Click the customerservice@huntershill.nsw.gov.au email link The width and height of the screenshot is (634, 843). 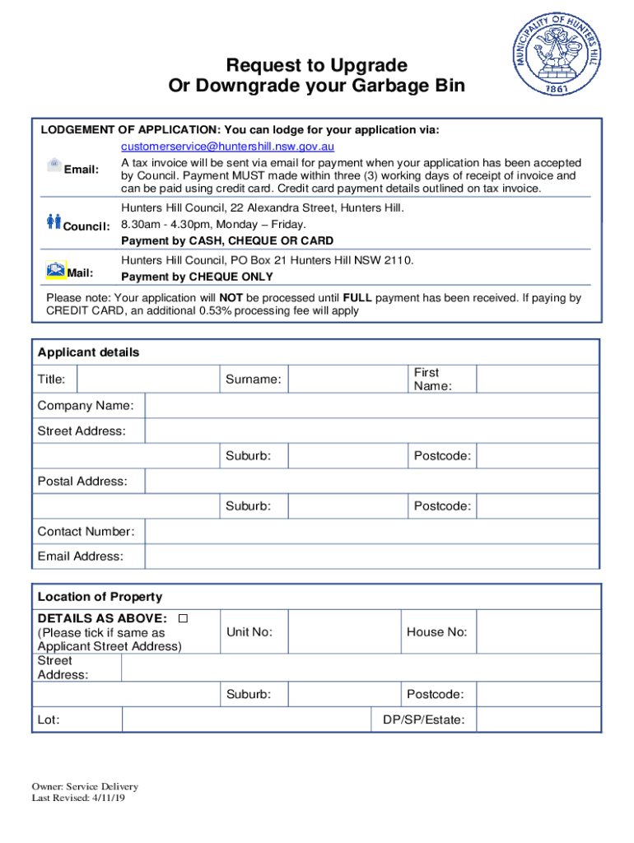point(227,147)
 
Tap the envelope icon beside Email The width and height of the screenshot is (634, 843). point(54,164)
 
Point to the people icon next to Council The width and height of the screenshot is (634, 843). point(54,221)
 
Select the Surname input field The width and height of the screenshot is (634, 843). point(347,380)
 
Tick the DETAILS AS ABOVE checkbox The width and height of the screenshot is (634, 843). point(183,618)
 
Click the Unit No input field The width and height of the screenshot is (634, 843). point(343,632)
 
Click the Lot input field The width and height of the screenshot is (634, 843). point(246,720)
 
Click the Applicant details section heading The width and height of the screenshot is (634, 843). point(89,352)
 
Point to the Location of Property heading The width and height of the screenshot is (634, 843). point(100,597)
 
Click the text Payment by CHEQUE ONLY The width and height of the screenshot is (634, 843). point(197,277)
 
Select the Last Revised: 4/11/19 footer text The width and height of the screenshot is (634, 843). point(78,798)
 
